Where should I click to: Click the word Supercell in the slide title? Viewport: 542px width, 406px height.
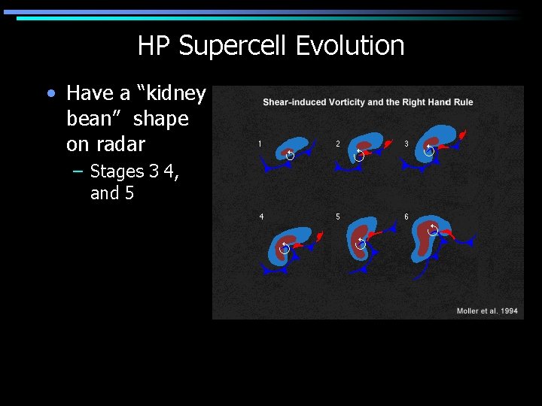(233, 47)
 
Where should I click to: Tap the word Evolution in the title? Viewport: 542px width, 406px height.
(350, 46)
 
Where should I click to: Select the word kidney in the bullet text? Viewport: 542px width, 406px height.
(176, 93)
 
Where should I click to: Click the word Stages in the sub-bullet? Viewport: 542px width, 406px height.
(117, 171)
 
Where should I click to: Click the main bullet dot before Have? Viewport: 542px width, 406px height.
(50, 94)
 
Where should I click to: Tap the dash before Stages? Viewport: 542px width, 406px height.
(78, 171)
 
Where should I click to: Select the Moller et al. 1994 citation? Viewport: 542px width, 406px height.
(487, 311)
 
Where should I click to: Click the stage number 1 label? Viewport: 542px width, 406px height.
(260, 143)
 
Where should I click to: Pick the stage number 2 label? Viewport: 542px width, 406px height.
(338, 143)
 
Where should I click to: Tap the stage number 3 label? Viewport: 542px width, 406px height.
(406, 143)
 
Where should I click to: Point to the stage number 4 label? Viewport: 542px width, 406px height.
(261, 217)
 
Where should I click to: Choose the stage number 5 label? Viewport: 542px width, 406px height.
(338, 217)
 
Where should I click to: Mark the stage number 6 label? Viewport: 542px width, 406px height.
(406, 217)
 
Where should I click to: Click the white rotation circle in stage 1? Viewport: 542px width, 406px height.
(290, 155)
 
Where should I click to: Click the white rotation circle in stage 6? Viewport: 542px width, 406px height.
(433, 229)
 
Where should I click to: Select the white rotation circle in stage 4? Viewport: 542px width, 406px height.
(285, 248)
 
